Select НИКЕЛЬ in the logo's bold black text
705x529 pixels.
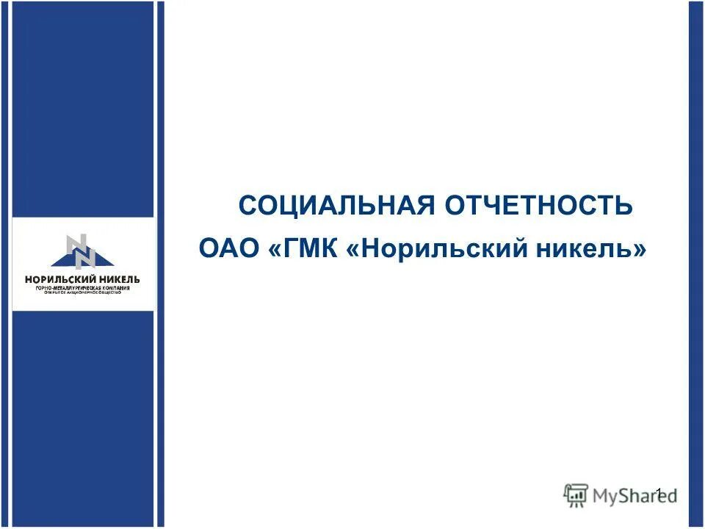click(x=116, y=279)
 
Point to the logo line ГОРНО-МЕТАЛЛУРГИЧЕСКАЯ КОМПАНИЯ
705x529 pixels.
click(x=82, y=288)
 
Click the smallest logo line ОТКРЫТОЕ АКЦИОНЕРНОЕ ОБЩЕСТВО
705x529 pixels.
click(x=82, y=293)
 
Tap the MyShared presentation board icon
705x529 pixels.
click(x=576, y=494)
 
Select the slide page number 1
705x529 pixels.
click(x=659, y=493)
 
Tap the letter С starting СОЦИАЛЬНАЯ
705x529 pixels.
click(x=247, y=205)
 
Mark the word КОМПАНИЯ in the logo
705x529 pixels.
click(x=115, y=288)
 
